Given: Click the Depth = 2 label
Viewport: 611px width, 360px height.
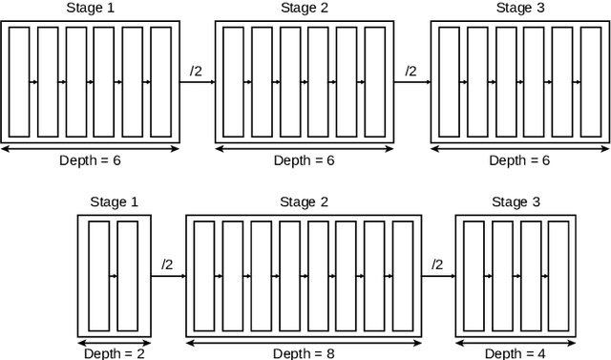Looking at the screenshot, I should click(x=114, y=353).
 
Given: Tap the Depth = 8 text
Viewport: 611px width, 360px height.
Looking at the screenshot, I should click(x=304, y=353).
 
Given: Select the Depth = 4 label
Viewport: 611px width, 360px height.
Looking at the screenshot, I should click(x=516, y=353).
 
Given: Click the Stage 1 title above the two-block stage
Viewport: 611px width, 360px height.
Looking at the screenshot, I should click(x=114, y=201).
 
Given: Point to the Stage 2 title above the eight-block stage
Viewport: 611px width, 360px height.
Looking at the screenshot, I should click(x=304, y=201).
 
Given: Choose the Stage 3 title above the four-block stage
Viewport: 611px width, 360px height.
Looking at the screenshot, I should click(x=516, y=201).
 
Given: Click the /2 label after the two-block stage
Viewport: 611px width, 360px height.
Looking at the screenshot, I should click(x=168, y=264).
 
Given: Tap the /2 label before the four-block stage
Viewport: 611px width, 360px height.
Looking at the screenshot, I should click(x=438, y=264).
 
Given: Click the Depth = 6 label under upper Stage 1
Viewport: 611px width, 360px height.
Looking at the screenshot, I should click(x=90, y=159).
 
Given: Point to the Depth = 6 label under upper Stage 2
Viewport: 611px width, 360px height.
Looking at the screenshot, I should click(x=304, y=159).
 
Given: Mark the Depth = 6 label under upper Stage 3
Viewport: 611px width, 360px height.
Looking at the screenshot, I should click(x=519, y=159).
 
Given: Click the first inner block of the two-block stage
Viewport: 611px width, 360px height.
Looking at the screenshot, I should click(x=98, y=275).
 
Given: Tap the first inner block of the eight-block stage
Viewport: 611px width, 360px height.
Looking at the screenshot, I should click(x=204, y=275).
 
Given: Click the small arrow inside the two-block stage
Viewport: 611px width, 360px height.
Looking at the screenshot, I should click(x=114, y=276).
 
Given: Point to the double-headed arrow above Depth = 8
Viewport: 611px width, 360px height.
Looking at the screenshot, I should click(x=304, y=341).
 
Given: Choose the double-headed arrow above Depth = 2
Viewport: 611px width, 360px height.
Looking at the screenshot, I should click(x=114, y=341).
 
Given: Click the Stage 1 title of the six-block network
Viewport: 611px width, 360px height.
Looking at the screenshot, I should click(x=90, y=9).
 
